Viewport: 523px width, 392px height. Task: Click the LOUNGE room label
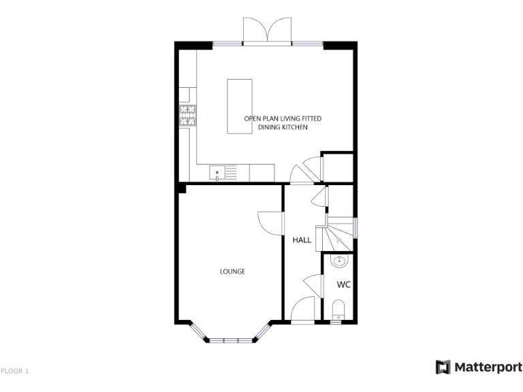point(232,272)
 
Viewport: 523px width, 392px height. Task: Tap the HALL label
point(302,240)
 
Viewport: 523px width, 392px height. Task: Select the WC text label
point(343,284)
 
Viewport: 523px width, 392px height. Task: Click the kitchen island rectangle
point(238,107)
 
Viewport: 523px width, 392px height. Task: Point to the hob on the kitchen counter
point(188,115)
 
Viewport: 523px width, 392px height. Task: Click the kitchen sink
point(218,173)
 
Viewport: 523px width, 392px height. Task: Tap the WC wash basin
point(339,261)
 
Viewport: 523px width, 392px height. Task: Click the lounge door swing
point(270,223)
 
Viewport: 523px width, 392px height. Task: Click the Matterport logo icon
point(443,367)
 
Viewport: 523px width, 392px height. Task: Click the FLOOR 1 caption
point(15,371)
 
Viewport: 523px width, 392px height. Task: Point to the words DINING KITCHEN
point(283,128)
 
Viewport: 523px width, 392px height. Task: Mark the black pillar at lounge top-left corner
point(182,189)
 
